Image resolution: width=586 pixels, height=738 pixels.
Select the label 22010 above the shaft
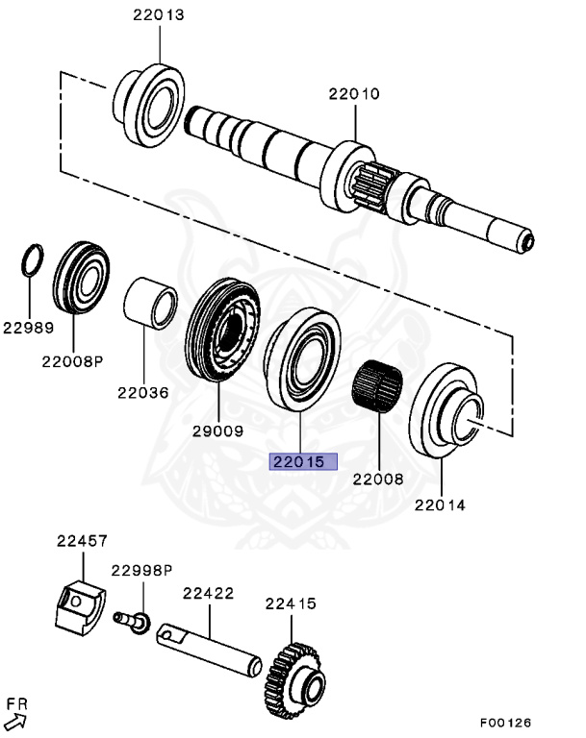tap(353, 94)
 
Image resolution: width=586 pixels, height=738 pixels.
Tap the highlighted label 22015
tap(302, 461)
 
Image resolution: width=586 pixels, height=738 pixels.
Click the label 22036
tap(142, 392)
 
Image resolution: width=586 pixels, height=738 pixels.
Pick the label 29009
tap(218, 431)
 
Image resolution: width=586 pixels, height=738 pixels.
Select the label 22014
tap(440, 504)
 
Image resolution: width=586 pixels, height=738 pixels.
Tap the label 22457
tap(80, 542)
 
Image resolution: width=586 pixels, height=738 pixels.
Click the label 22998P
tap(140, 570)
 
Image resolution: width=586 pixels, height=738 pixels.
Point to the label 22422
tap(208, 594)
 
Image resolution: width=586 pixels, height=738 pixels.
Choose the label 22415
tap(291, 603)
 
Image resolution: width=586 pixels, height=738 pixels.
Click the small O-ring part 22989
tap(32, 259)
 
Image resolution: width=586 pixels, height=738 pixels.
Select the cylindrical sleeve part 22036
tap(152, 300)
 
